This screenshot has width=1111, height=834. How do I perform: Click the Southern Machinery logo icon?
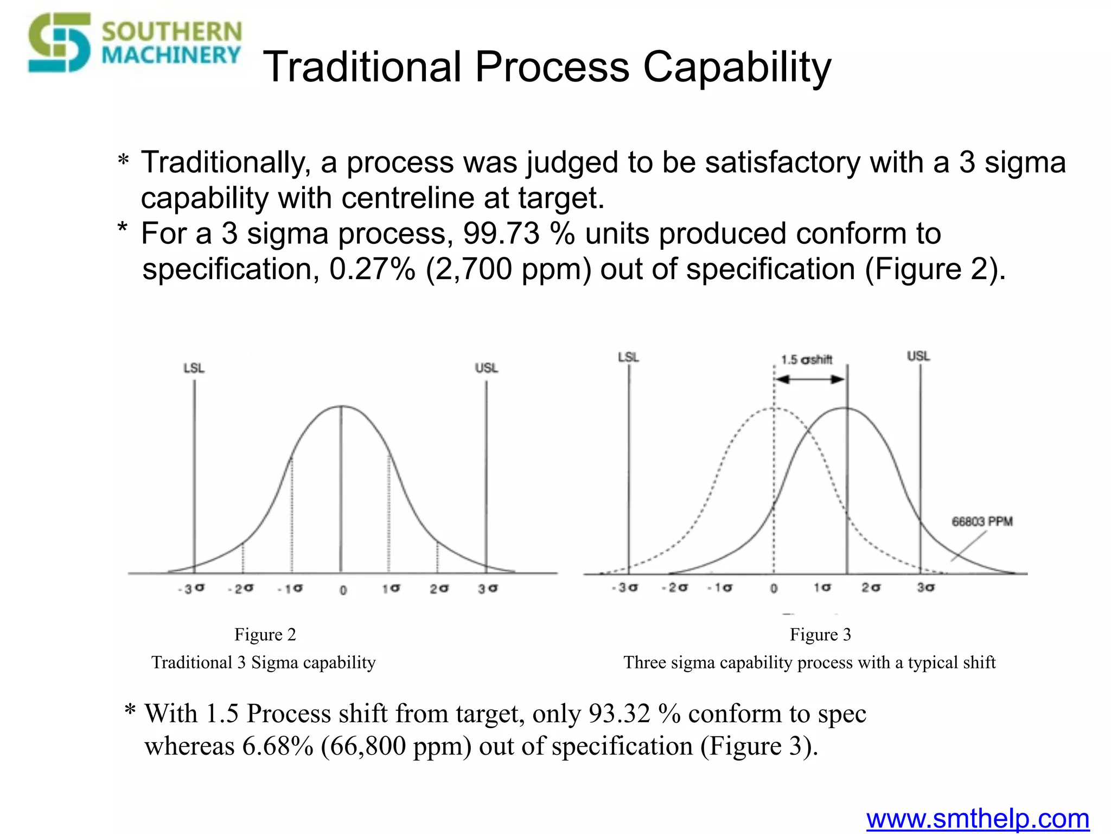pos(59,43)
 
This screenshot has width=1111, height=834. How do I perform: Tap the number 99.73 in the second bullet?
pos(501,234)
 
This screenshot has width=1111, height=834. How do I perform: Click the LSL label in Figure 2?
pos(194,368)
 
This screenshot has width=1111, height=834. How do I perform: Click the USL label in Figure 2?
pos(486,368)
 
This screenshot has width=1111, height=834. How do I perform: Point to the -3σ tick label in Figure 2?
pos(191,589)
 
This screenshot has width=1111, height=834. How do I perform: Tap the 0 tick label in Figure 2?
pos(343,590)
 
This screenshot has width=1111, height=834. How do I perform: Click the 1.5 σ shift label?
pos(807,360)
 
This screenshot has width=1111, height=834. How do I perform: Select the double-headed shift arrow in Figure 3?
pos(810,379)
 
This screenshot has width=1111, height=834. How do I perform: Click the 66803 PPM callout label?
pos(982,522)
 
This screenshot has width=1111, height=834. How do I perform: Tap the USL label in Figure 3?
pos(918,356)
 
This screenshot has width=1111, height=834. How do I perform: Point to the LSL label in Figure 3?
pos(628,357)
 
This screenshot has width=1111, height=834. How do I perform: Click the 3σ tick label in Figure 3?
pos(925,587)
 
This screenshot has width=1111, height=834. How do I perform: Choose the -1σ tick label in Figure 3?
pos(720,587)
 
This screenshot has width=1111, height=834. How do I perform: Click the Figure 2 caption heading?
pos(265,634)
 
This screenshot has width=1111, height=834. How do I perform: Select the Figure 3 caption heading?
pos(820,634)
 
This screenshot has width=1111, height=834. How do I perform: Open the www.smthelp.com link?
pos(978,819)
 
